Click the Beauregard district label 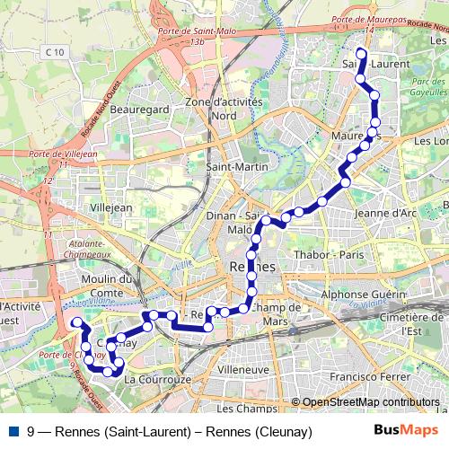click(140, 109)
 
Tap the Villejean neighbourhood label click(112, 207)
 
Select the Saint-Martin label click(232, 167)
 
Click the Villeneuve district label click(243, 369)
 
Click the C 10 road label click(53, 54)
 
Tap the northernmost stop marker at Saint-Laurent click(361, 55)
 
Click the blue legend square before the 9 click(13, 432)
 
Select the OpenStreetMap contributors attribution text click(370, 402)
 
